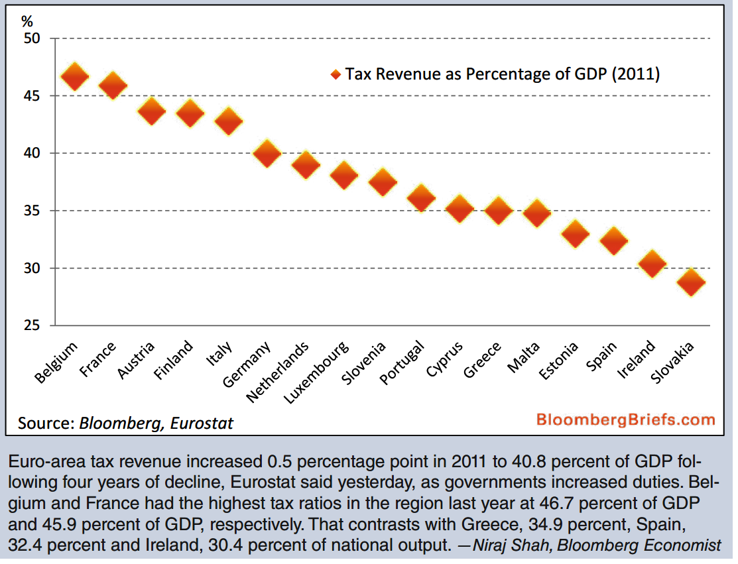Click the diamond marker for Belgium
(x=74, y=77)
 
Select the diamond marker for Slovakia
(x=691, y=282)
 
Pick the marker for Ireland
(x=652, y=264)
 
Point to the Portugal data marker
(x=421, y=197)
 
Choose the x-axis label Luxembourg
(x=316, y=373)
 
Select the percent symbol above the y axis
(x=27, y=20)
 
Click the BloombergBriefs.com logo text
(x=625, y=420)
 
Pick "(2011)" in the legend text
(x=635, y=74)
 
